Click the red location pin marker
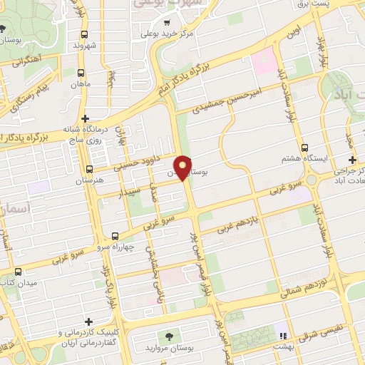pyautogui.click(x=183, y=168)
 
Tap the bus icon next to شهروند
pyautogui.click(x=84, y=34)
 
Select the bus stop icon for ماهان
pyautogui.click(x=80, y=73)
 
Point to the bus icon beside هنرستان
pyautogui.click(x=89, y=170)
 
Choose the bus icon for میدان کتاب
pyautogui.click(x=18, y=272)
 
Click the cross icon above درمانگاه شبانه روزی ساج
pyautogui.click(x=85, y=118)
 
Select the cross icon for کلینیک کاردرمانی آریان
pyautogui.click(x=88, y=322)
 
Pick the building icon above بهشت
pyautogui.click(x=282, y=335)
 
